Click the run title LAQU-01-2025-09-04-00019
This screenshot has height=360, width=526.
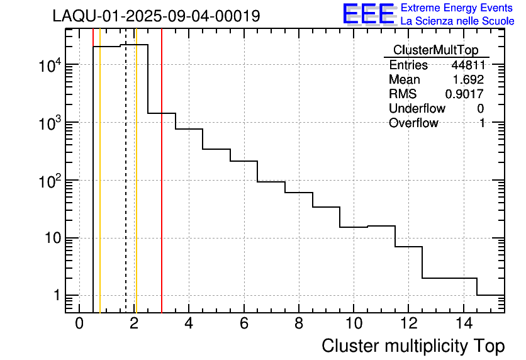(156, 16)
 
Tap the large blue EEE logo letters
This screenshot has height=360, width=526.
(368, 14)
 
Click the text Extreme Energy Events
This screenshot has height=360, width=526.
(457, 8)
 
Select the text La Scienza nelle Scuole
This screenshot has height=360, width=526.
(457, 21)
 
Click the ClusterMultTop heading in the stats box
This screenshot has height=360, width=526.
(435, 50)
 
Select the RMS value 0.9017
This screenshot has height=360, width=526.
(464, 94)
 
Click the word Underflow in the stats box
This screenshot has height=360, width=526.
(417, 109)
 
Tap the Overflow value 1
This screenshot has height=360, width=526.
(481, 123)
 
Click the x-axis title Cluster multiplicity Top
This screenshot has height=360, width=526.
(413, 346)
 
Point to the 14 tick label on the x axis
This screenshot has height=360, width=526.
(463, 324)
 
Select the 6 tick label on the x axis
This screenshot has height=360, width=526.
(243, 324)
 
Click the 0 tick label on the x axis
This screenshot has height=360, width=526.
(79, 324)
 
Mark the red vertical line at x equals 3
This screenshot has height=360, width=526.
(162, 189)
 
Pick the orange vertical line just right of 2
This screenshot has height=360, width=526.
(136, 189)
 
